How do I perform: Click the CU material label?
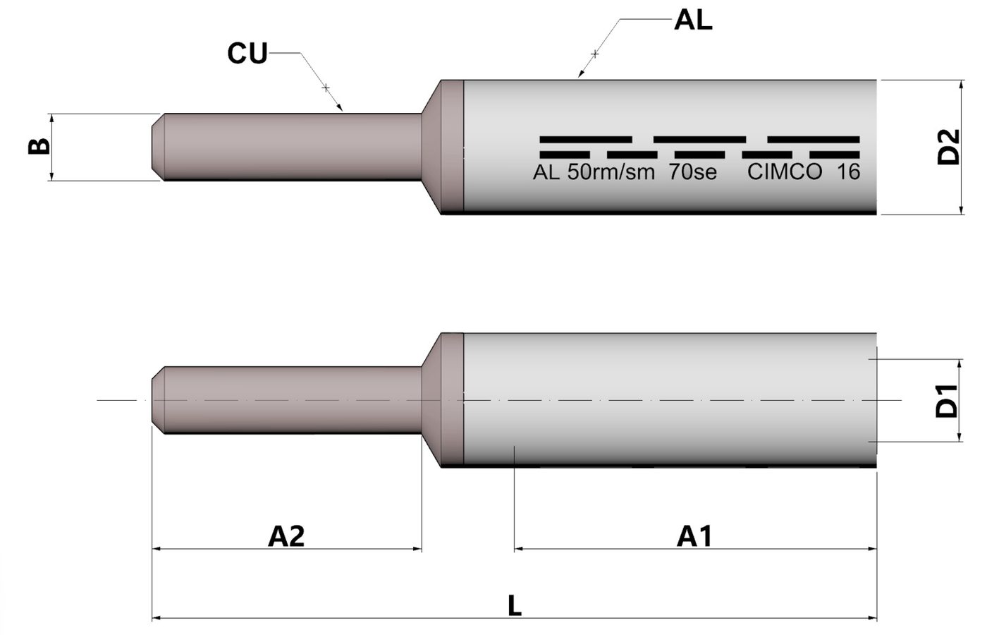(x=247, y=54)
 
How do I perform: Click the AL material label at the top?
(x=693, y=20)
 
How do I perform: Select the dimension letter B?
(x=39, y=146)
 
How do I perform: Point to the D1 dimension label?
(x=948, y=400)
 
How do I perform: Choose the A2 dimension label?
(x=286, y=536)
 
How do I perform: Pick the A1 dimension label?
(x=694, y=536)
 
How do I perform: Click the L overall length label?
(x=515, y=605)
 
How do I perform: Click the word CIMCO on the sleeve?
(x=784, y=172)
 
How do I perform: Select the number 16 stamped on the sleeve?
(x=848, y=172)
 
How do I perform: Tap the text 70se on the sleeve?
(x=692, y=172)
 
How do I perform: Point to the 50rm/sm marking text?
(x=611, y=172)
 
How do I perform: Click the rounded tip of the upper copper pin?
(x=159, y=147)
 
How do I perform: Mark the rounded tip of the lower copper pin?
(x=159, y=400)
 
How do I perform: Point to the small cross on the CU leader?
(x=326, y=87)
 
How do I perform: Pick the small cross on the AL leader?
(x=594, y=54)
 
